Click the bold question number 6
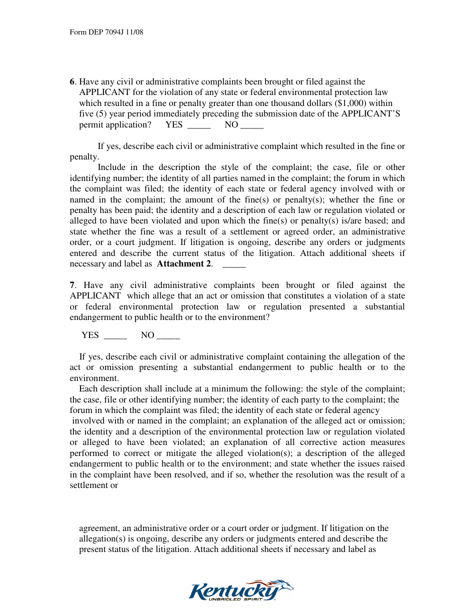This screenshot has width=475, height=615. coord(72,81)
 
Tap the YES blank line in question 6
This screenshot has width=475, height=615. coord(198,125)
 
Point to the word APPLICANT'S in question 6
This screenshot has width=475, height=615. coord(370,114)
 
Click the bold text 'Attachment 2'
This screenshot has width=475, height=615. coord(184,264)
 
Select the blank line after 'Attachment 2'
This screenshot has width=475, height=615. coord(233,264)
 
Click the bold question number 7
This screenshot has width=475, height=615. coord(72,285)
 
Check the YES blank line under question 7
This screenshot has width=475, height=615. coord(115,336)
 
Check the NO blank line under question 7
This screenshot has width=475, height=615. coord(168,336)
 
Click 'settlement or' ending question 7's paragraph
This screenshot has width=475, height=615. coord(94,485)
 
